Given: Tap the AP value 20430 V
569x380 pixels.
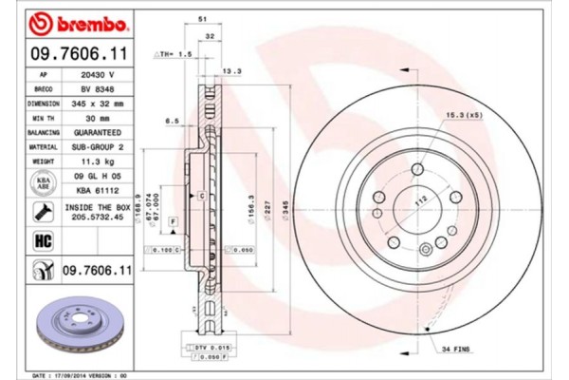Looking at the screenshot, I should (x=97, y=74).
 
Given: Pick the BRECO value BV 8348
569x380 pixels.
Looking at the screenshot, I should (x=97, y=88).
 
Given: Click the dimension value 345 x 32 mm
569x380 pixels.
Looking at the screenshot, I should (x=97, y=103).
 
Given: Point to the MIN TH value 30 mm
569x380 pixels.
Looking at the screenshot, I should (x=97, y=117).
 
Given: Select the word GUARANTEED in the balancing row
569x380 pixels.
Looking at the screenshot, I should (x=97, y=132).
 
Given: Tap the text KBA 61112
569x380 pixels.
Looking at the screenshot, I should (x=97, y=190).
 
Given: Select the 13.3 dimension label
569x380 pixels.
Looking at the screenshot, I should (x=230, y=70).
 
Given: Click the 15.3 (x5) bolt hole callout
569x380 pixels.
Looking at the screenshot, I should (x=461, y=115).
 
